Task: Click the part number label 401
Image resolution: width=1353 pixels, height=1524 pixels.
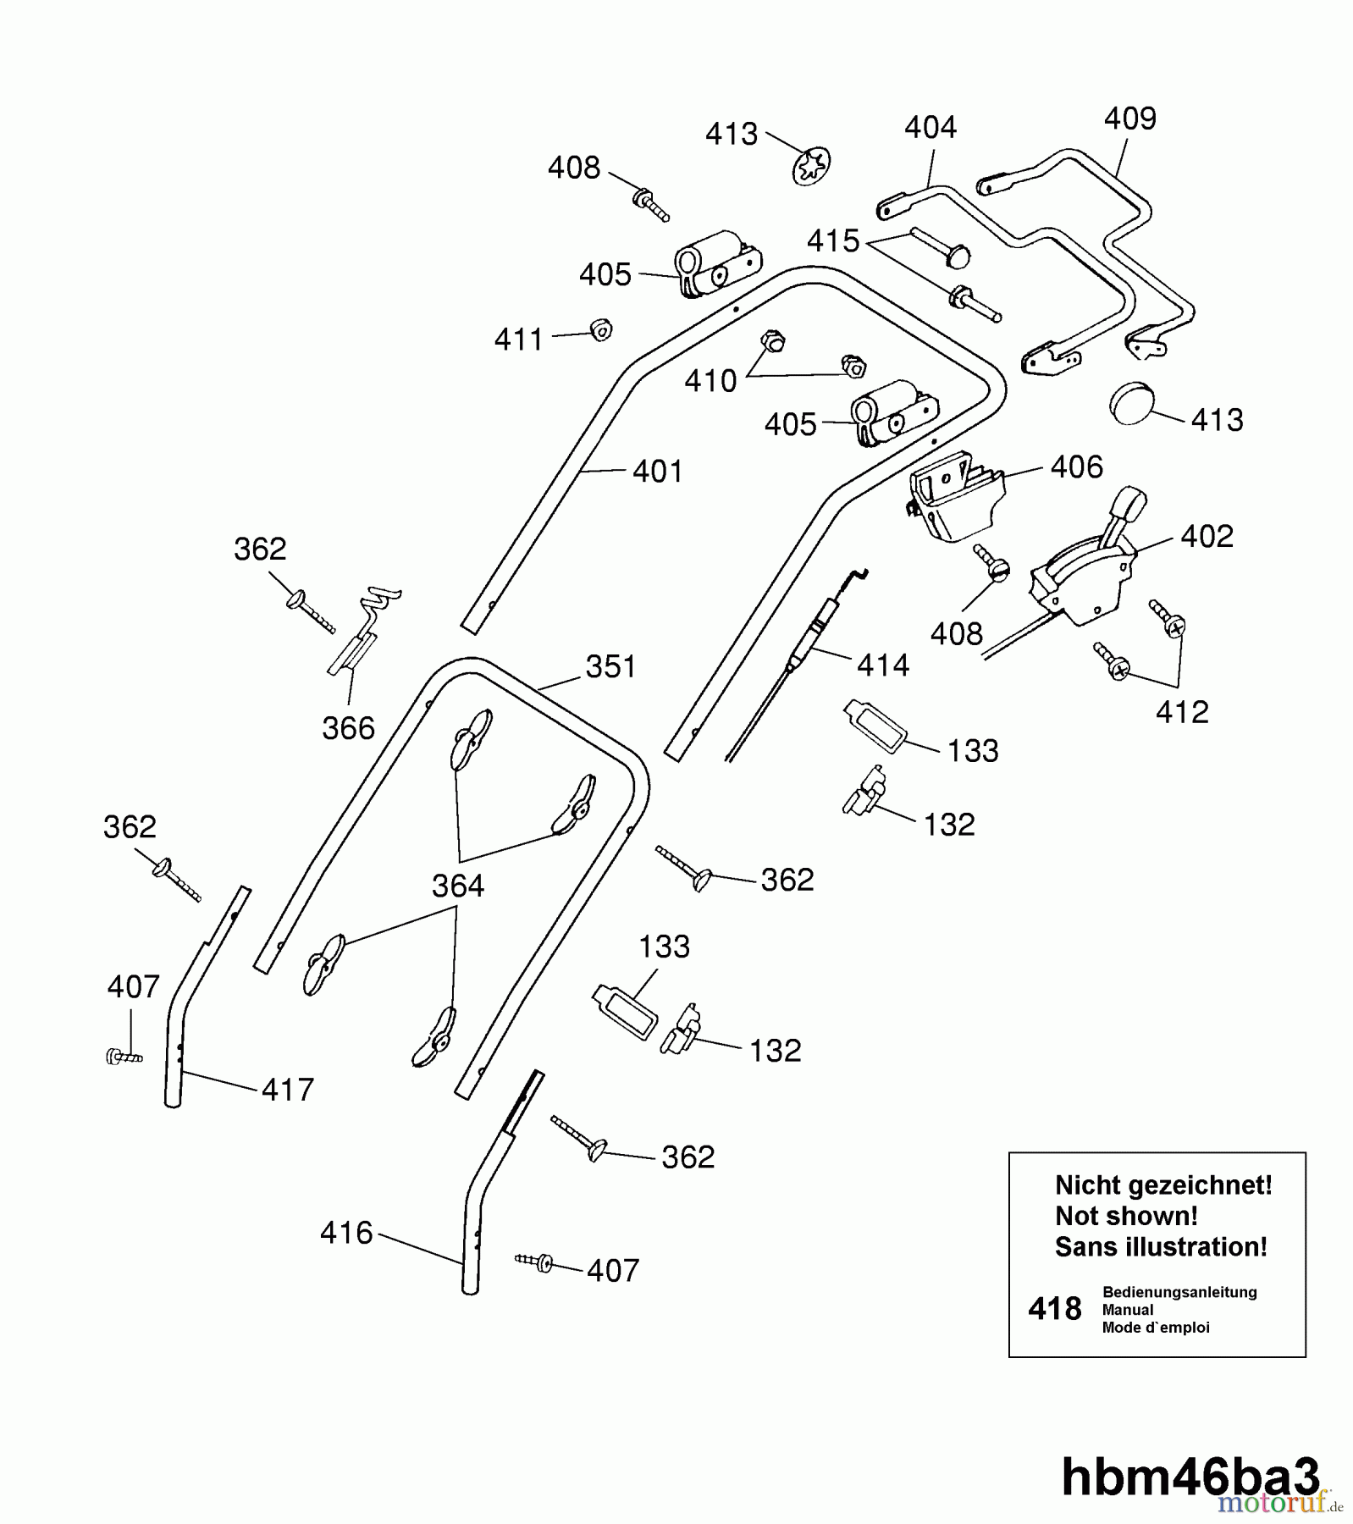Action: [x=657, y=472]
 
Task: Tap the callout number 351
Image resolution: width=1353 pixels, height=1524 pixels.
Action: [x=610, y=667]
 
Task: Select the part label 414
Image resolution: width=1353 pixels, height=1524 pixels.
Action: [x=882, y=665]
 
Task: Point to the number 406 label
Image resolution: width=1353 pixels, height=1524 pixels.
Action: [x=1076, y=467]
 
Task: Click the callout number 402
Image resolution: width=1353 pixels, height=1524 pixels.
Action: [x=1207, y=536]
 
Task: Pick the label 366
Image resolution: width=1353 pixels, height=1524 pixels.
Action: [x=348, y=728]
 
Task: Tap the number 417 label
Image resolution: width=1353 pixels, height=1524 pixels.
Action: [x=287, y=1090]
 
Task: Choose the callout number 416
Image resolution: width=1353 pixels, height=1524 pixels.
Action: [x=346, y=1233]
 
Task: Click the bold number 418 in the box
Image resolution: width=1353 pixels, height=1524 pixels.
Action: [x=1054, y=1309]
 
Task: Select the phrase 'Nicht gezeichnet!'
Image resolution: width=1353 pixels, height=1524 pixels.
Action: [x=1162, y=1185]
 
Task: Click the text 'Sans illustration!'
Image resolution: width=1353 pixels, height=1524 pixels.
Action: [x=1161, y=1247]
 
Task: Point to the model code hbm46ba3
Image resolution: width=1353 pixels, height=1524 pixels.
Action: [x=1190, y=1477]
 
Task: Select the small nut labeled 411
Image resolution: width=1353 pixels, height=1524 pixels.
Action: [x=600, y=329]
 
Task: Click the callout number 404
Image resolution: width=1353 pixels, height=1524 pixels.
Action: [x=930, y=128]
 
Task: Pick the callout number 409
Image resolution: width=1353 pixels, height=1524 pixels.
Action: [x=1129, y=119]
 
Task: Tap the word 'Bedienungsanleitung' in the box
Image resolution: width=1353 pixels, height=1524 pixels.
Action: [x=1179, y=1292]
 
